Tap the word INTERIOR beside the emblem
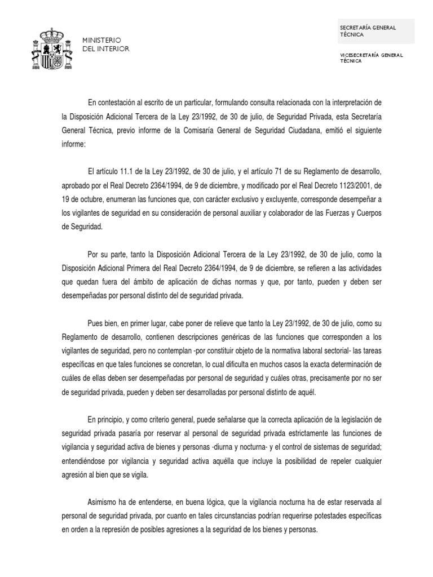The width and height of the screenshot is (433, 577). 112,49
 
